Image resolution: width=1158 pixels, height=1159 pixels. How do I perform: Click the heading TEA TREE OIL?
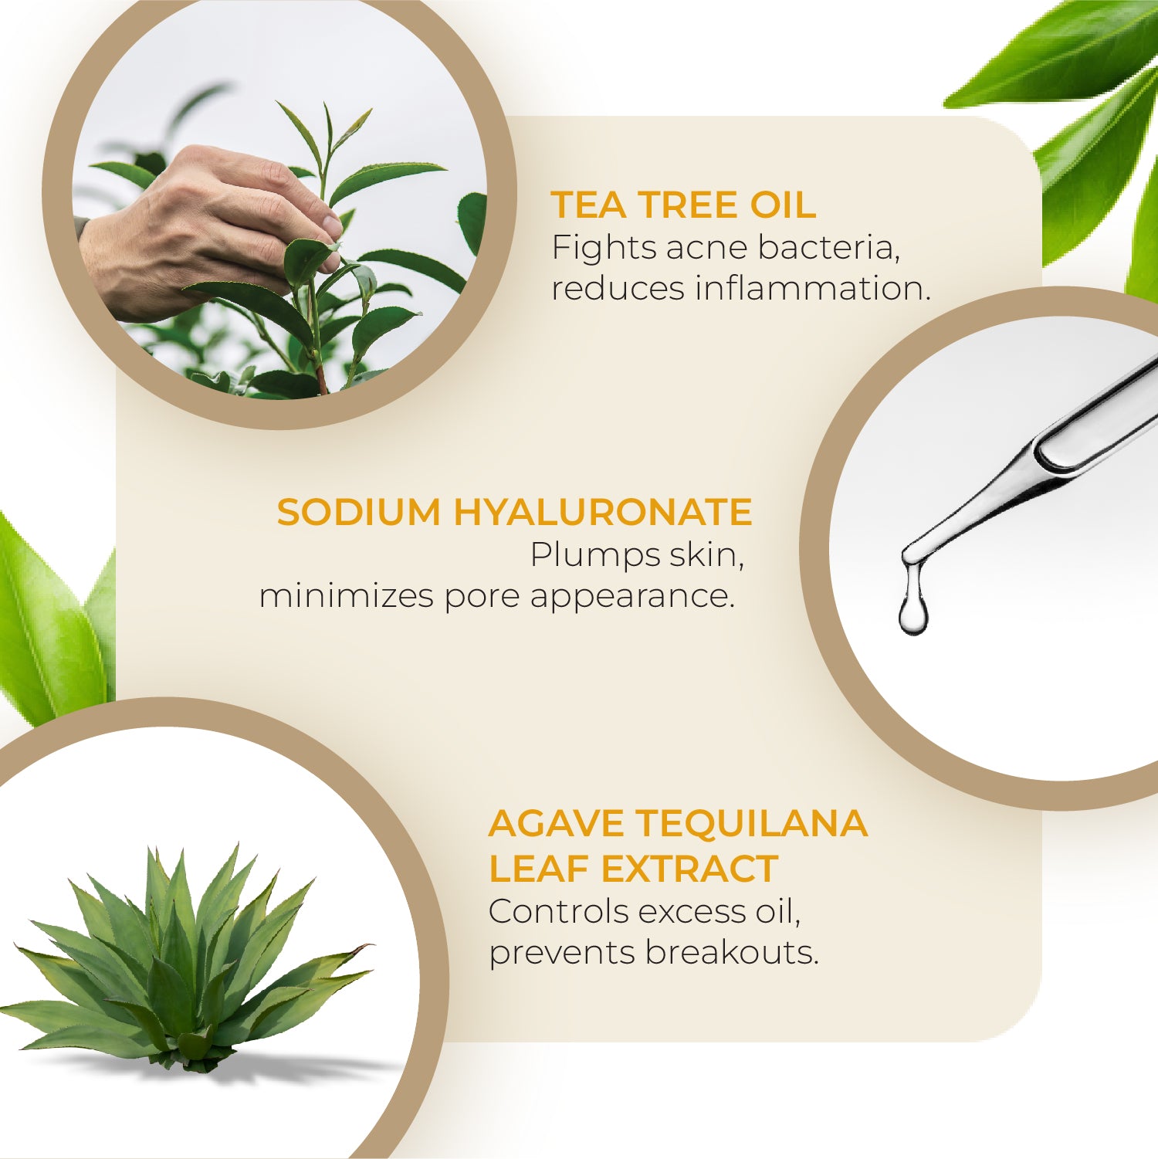[x=683, y=205]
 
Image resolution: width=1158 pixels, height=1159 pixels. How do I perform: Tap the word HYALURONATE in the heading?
[x=602, y=513]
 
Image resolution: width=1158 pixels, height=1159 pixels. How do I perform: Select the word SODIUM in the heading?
[x=358, y=513]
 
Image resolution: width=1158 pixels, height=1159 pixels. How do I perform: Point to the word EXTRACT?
[x=689, y=869]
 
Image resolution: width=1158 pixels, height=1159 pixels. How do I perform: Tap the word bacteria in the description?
[x=829, y=248]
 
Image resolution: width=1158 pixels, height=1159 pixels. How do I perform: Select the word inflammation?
[x=813, y=288]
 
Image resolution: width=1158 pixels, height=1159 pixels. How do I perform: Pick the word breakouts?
[x=732, y=952]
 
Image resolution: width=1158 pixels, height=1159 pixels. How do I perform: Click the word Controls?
[x=559, y=912]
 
